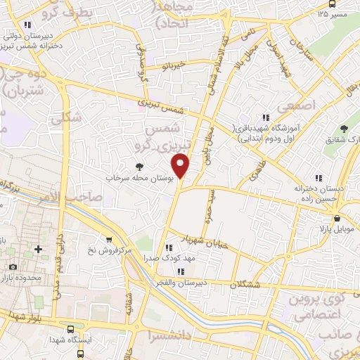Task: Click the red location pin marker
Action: (182, 166)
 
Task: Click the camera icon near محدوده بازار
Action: (13, 266)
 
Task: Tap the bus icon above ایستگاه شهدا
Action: (70, 329)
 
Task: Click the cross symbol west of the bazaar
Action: (38, 249)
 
